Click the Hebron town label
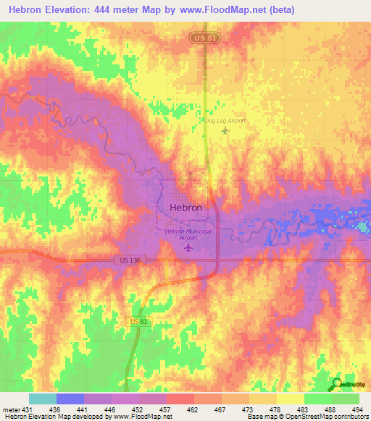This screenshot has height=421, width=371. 185,207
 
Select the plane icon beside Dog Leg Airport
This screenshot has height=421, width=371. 225,131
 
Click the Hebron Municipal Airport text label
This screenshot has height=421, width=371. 188,234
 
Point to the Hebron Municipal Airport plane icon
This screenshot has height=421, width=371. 188,248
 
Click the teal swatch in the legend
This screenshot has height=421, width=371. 43,399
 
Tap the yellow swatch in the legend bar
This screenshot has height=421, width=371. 291,399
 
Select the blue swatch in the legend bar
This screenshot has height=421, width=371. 70,399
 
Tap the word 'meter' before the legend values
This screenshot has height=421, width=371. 9,409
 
